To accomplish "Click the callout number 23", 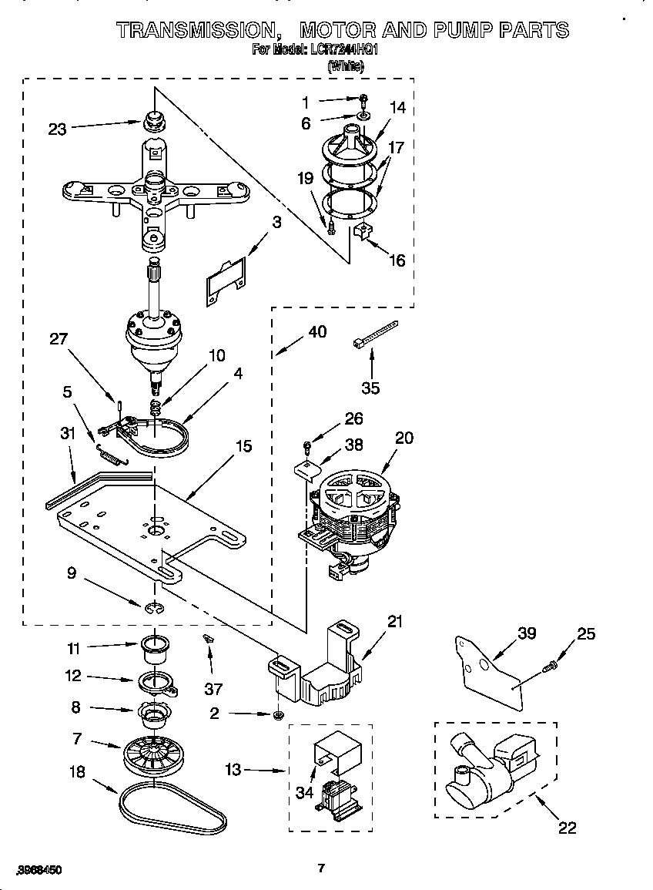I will point(57,129).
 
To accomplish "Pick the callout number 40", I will point(316,332).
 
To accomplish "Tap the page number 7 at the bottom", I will point(322,868).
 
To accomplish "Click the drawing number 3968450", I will point(39,869).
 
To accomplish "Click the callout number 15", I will point(243,445).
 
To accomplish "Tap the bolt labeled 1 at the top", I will point(363,99).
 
